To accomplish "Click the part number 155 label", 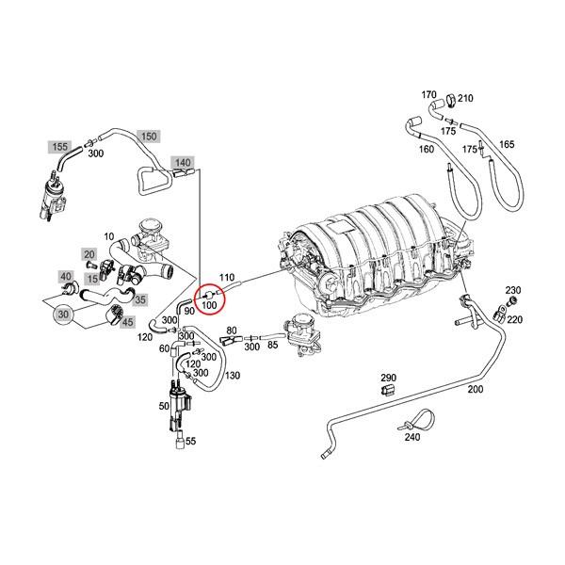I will [59, 147].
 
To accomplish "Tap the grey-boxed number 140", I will [183, 163].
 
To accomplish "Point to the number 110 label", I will [226, 277].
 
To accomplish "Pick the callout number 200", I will [474, 389].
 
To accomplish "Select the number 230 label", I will [513, 290].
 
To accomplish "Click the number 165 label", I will [507, 143].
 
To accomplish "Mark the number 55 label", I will [191, 441].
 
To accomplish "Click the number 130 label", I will [233, 376].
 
